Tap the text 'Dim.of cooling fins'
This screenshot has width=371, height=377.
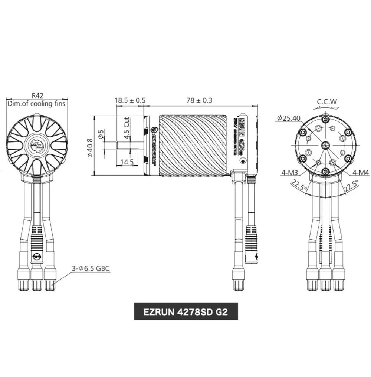[37, 104]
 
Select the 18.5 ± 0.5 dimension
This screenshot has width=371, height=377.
[130, 100]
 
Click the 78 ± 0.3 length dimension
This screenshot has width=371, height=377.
[200, 100]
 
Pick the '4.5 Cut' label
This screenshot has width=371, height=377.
[127, 128]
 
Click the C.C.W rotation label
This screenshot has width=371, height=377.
[327, 101]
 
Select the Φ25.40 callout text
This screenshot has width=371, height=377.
[289, 118]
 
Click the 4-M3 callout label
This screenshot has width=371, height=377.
[289, 172]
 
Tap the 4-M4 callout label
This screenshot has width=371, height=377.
[361, 172]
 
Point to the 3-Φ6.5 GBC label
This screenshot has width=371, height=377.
[91, 268]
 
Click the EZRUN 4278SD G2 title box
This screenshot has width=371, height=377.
[185, 312]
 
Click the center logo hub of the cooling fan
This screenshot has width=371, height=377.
[37, 145]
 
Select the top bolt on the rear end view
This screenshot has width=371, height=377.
[325, 119]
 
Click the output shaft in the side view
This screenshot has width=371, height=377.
[128, 145]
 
